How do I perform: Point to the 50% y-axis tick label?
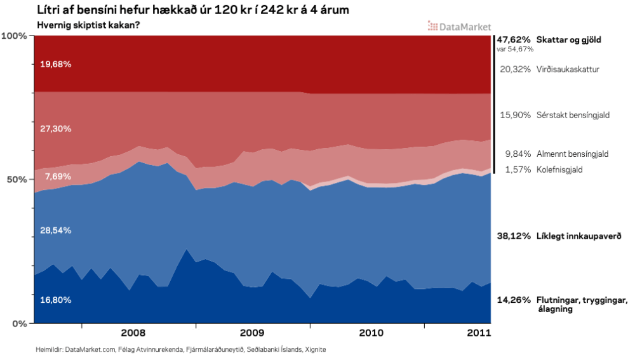click(x=16, y=179)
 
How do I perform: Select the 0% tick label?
click(x=18, y=323)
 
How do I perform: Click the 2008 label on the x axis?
click(x=133, y=332)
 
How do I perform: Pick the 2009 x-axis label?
click(x=251, y=332)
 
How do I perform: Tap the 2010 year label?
click(x=371, y=332)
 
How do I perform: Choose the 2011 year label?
click(x=478, y=332)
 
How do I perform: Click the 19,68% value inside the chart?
click(x=55, y=64)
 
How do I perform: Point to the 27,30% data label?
click(x=55, y=128)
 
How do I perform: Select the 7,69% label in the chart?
click(x=53, y=177)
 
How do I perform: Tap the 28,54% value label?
click(x=55, y=230)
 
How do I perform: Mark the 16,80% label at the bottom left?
click(x=55, y=300)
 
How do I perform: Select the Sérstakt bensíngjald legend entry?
click(x=573, y=115)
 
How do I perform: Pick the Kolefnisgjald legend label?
click(x=559, y=170)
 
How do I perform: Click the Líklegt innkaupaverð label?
click(x=578, y=236)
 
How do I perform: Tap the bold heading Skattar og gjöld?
click(x=569, y=39)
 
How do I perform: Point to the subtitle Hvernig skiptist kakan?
click(x=88, y=25)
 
